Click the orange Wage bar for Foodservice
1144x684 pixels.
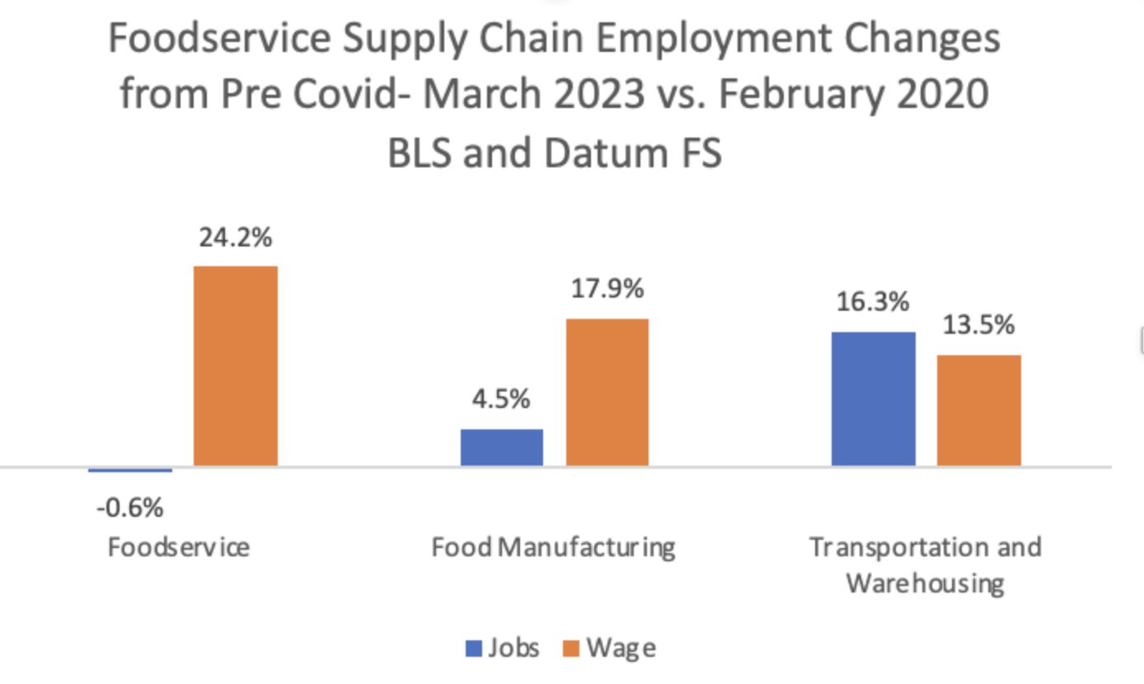pyautogui.click(x=235, y=366)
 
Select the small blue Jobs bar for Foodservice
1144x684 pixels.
pyautogui.click(x=130, y=470)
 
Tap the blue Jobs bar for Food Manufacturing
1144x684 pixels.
pyautogui.click(x=501, y=447)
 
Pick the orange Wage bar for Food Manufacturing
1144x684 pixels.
pyautogui.click(x=607, y=392)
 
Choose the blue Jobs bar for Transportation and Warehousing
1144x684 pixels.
pyautogui.click(x=873, y=399)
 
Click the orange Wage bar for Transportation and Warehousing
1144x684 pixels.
pyautogui.click(x=979, y=410)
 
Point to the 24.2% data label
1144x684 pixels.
pyautogui.click(x=235, y=238)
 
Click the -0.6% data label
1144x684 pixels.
pyautogui.click(x=129, y=508)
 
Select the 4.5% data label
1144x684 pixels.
pyautogui.click(x=501, y=401)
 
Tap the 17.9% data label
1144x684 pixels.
pyautogui.click(x=607, y=290)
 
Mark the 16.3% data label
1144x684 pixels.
pyautogui.click(x=873, y=302)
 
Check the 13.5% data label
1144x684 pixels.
pyautogui.click(x=978, y=326)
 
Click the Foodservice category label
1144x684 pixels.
pyautogui.click(x=178, y=547)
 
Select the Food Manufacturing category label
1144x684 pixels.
pyautogui.click(x=553, y=547)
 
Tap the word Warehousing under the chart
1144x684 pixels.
pyautogui.click(x=925, y=583)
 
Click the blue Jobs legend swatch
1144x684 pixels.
pyautogui.click(x=474, y=649)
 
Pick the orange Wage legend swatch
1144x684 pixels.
pyautogui.click(x=571, y=649)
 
